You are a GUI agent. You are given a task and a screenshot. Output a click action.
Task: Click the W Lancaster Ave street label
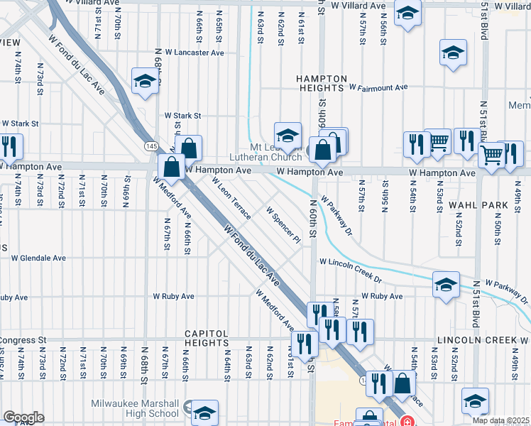pos(195,53)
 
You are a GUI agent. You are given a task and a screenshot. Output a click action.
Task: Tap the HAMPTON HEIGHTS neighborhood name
pos(318,84)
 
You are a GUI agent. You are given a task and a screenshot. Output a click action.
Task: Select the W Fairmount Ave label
pos(378,87)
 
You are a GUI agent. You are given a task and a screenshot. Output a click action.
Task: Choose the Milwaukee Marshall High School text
pos(135,408)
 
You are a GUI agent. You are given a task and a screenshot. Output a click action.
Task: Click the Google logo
pos(23,417)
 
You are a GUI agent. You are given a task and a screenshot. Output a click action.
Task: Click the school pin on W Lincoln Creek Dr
pos(446,285)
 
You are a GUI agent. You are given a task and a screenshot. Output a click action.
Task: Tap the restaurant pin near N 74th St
pos(10,146)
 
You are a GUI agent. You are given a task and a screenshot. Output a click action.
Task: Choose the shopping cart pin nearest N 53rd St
pos(437,141)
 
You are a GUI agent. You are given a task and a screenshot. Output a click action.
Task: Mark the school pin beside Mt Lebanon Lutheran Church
pos(288,134)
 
